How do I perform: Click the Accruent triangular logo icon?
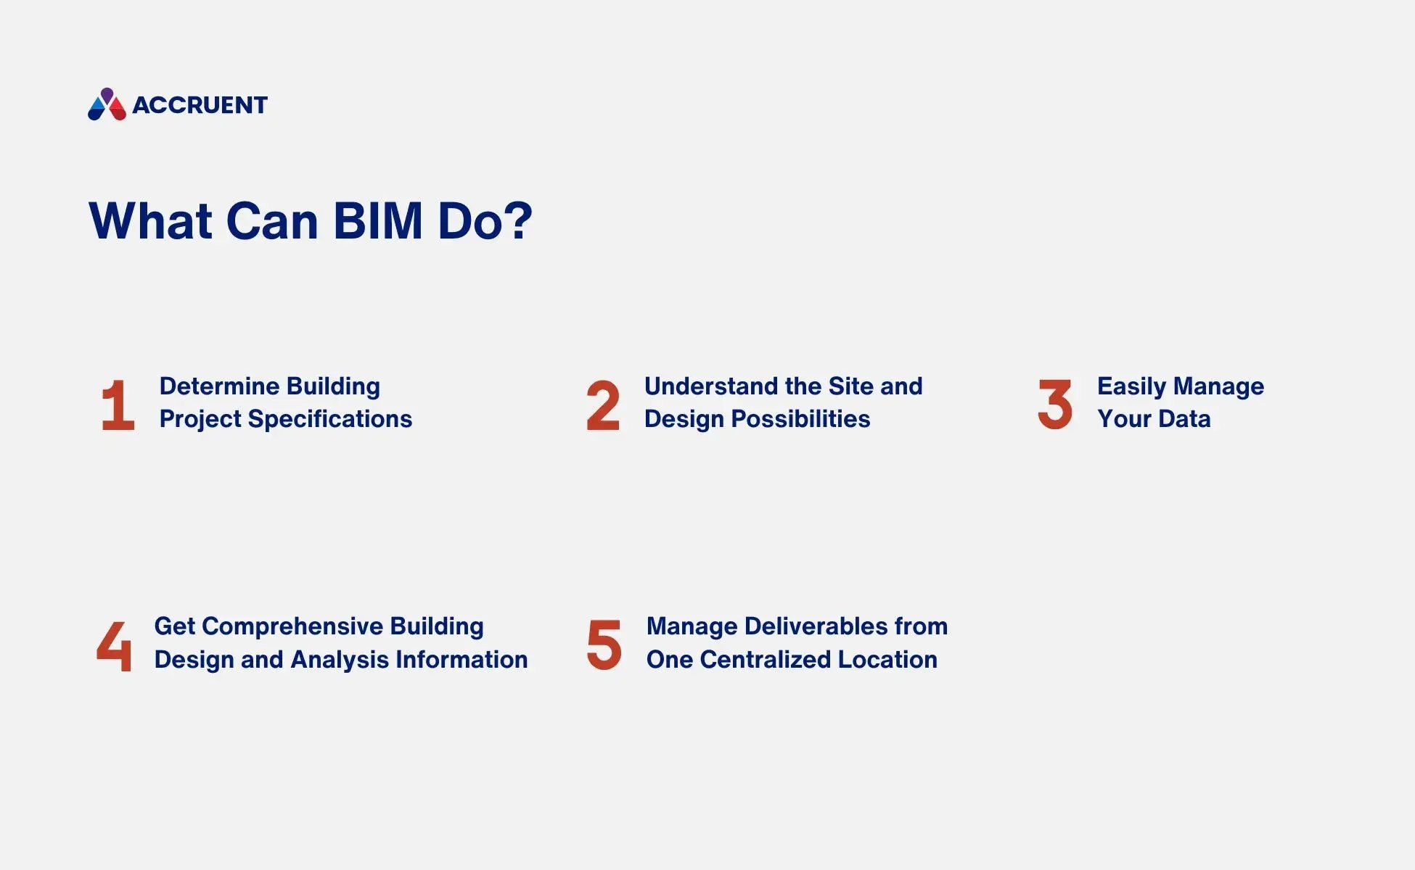(x=107, y=105)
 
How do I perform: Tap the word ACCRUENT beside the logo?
(x=200, y=106)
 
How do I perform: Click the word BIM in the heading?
(x=378, y=220)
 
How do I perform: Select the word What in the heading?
(x=150, y=220)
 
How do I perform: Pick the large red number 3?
(x=1055, y=405)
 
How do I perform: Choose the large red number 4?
(x=115, y=646)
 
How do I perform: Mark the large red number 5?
(x=604, y=645)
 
